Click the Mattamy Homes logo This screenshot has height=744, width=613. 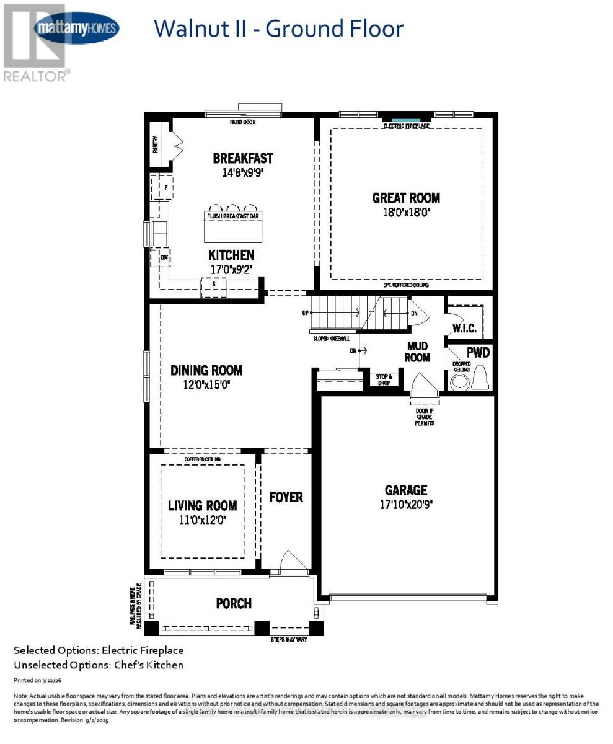[x=77, y=29]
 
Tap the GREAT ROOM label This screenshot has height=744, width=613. [x=406, y=198]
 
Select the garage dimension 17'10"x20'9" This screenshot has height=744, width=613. [x=406, y=505]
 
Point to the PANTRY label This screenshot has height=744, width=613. [x=156, y=144]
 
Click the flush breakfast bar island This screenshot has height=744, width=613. [x=233, y=226]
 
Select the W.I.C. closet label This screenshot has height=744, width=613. [x=464, y=327]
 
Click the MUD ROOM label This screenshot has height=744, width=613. [x=418, y=352]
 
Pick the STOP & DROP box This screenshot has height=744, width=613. [x=384, y=379]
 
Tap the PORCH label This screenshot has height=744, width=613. [x=234, y=603]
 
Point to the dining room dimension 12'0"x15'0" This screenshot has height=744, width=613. [x=206, y=384]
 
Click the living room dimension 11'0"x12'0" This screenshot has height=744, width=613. [x=203, y=520]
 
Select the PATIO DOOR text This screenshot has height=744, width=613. [x=242, y=122]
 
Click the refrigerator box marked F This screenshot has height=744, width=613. [x=165, y=187]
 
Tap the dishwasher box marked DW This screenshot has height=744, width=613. [x=164, y=257]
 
